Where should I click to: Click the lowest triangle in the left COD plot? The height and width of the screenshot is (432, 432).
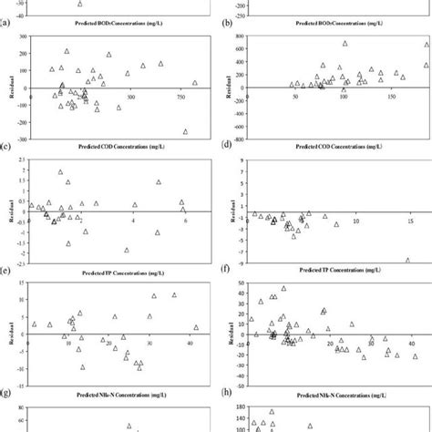(x=185, y=131)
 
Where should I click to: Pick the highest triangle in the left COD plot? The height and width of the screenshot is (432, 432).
(x=67, y=51)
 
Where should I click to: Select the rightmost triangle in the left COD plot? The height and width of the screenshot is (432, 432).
(x=195, y=83)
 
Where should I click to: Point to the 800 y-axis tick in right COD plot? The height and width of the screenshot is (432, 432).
(x=240, y=36)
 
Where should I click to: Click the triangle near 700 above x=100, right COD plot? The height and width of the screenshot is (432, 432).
(x=345, y=43)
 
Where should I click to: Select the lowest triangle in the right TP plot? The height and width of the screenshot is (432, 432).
(x=408, y=260)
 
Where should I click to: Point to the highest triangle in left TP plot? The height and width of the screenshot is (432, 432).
(x=61, y=171)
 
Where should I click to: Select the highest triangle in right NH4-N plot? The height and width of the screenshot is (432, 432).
(x=283, y=289)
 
